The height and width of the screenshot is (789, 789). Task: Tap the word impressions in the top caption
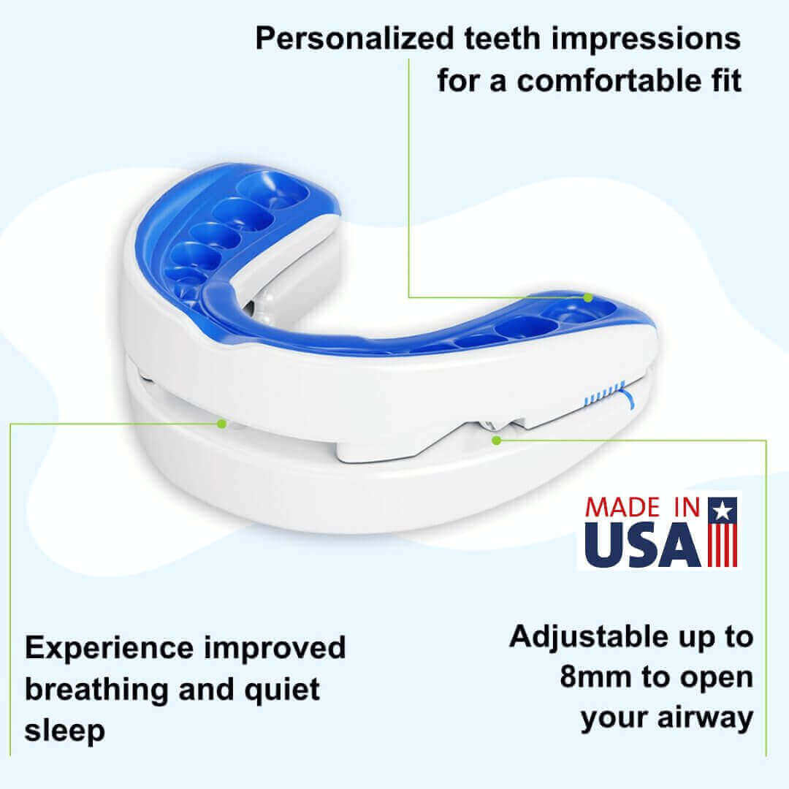646,39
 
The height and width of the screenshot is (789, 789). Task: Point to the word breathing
96,690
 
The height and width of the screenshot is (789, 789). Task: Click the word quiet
282,690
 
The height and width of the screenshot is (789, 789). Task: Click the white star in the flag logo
723,511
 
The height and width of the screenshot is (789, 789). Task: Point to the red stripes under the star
723,545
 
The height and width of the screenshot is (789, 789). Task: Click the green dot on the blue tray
587,298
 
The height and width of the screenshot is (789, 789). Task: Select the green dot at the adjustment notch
497,441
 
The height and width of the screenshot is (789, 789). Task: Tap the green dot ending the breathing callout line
221,424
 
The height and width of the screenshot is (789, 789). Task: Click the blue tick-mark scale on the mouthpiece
604,394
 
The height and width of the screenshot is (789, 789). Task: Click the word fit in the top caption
727,80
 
